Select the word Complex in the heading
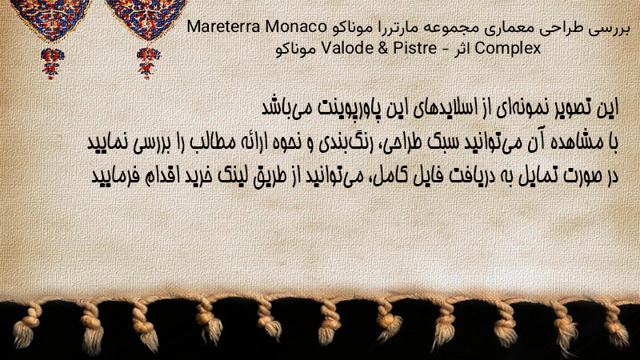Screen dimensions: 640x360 (508, 49)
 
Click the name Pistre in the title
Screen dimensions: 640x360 (414, 48)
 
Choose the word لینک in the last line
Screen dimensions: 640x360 (230, 175)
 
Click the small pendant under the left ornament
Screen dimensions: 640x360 (52, 63)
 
